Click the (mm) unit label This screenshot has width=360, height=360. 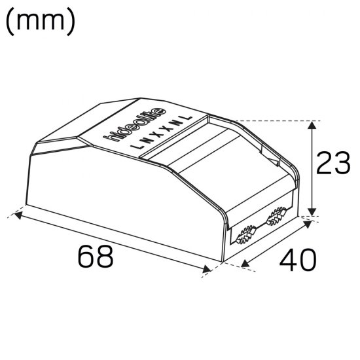tap(41, 21)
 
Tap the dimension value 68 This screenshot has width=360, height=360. tap(96, 257)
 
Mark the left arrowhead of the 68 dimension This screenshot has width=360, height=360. tap(20, 213)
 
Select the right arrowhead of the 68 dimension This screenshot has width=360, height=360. tap(207, 268)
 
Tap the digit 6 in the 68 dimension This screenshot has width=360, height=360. tap(85, 257)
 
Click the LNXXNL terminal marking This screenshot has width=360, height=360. tap(164, 132)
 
